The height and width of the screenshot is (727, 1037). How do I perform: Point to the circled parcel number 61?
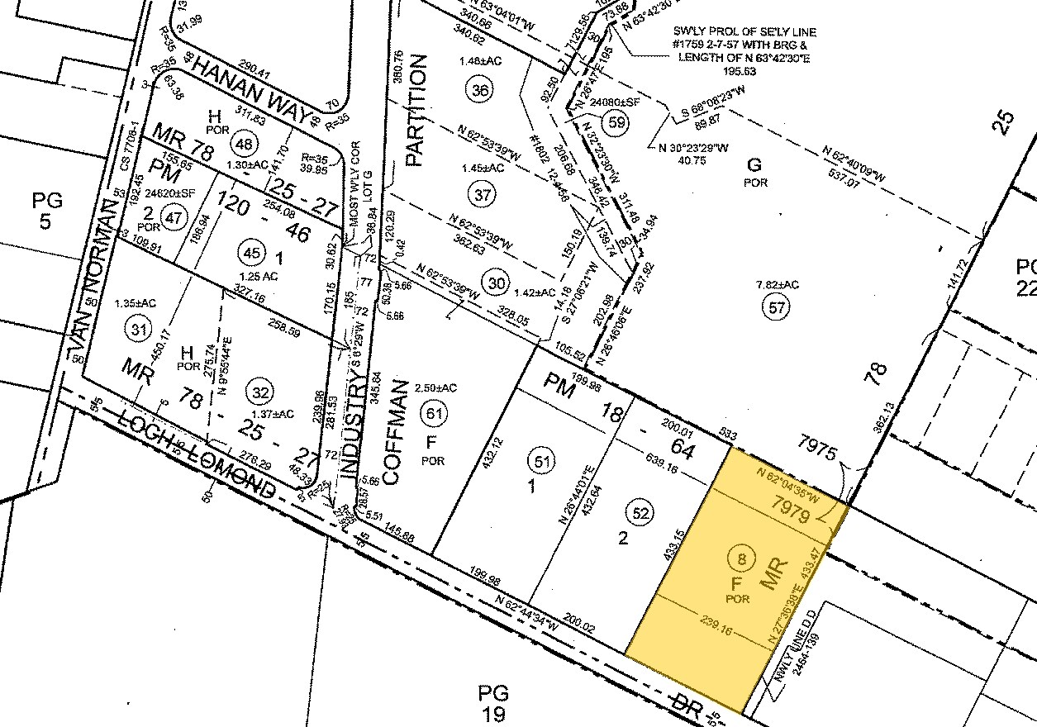point(431,411)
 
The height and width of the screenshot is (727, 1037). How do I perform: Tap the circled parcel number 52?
point(641,512)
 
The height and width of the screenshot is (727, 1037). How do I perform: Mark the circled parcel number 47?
point(174,218)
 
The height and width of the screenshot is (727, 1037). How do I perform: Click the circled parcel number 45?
point(249,249)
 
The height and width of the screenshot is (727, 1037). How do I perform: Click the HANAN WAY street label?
point(251,93)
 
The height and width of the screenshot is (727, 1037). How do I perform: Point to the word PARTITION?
point(416,110)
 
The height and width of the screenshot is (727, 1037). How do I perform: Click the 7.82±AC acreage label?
point(777,285)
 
